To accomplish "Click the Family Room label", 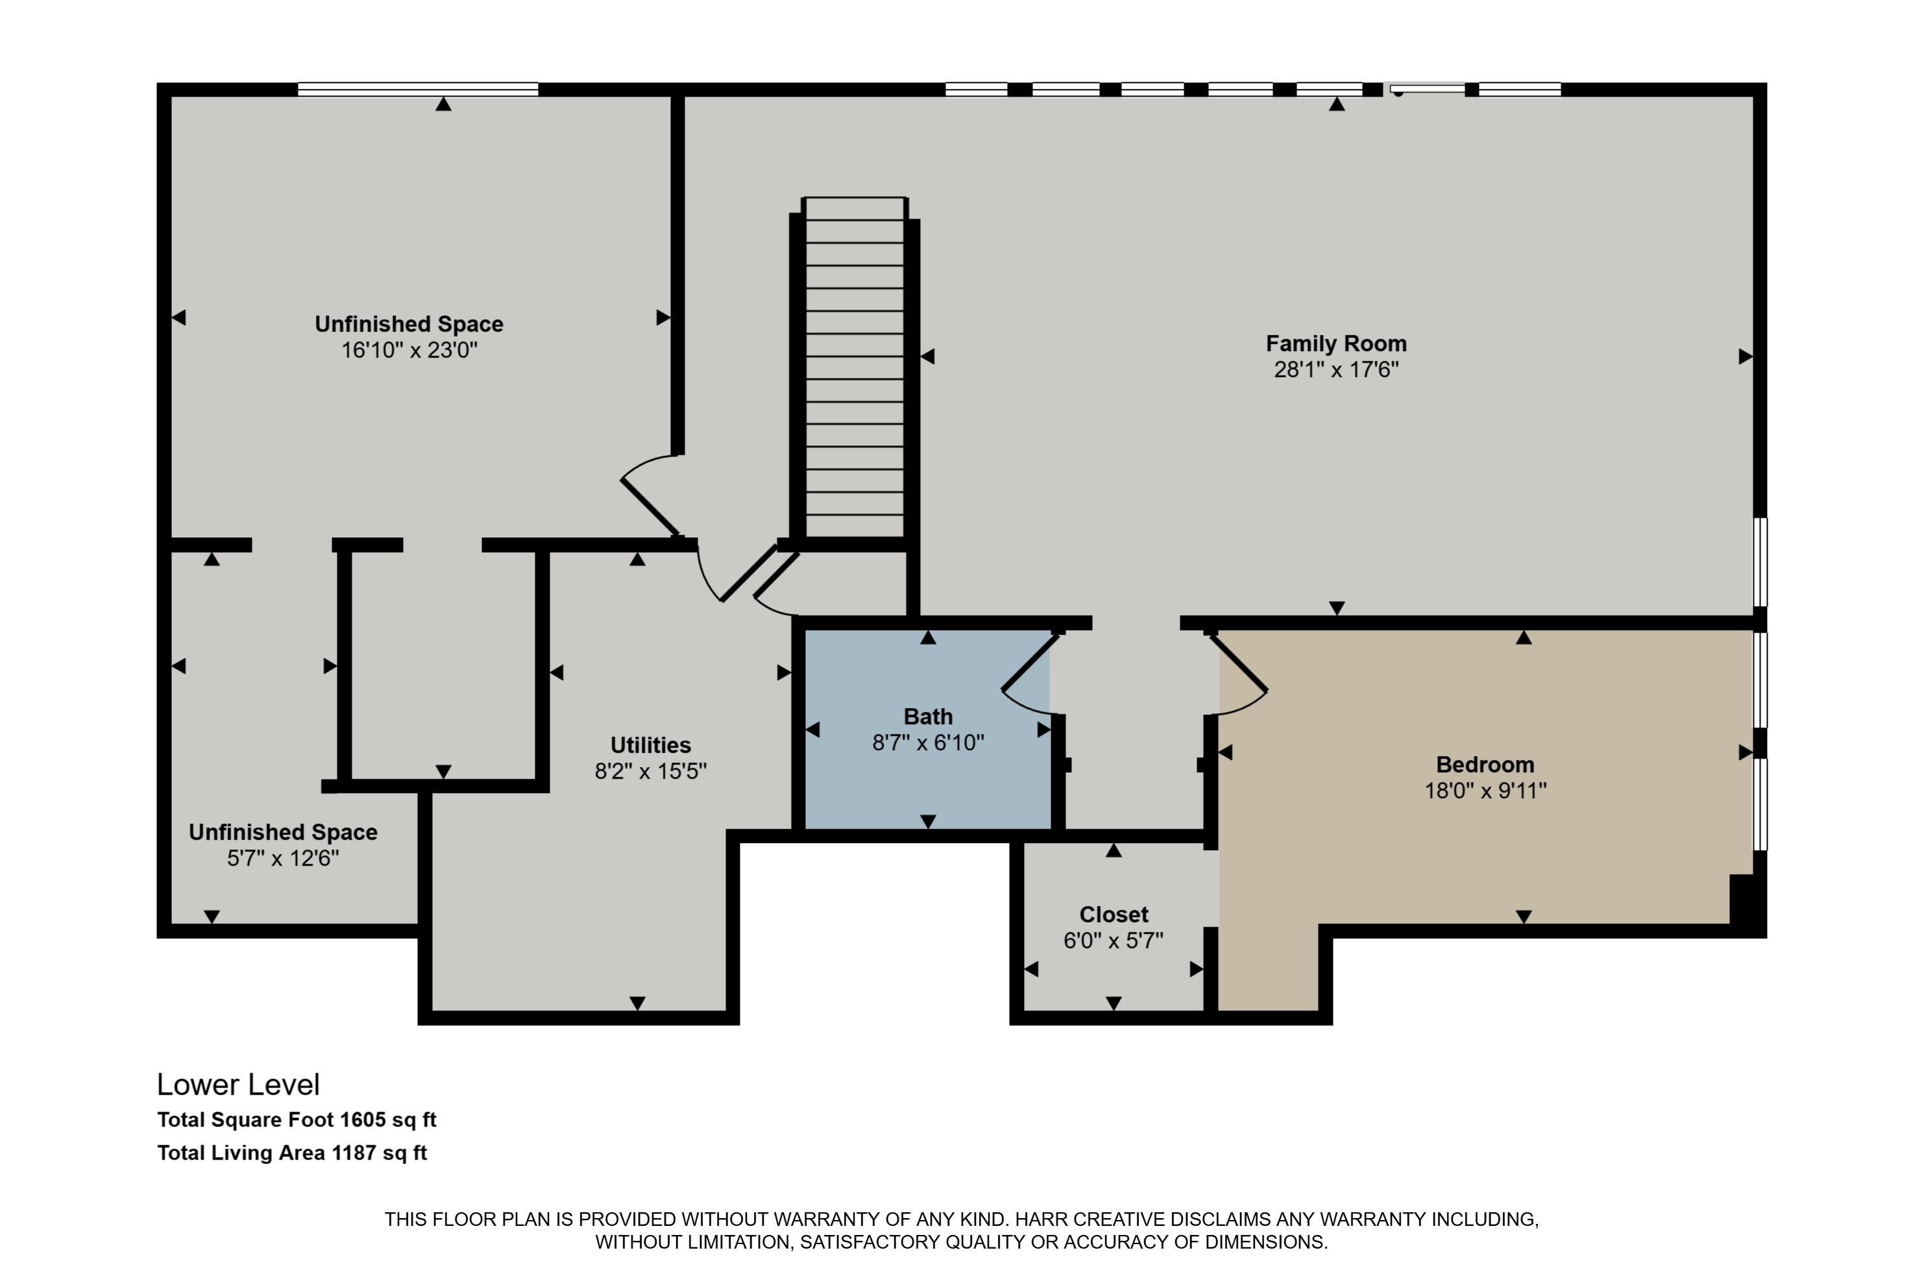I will coord(1336,344).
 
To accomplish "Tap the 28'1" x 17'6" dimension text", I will coord(1336,370).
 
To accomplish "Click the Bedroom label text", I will coord(1485,764).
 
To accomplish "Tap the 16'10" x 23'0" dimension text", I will coord(409,350).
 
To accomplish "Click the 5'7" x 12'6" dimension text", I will coord(283,859).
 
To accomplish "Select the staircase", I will coord(854,368).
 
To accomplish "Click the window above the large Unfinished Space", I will coord(417,89).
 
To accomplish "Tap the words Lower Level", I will coord(238,1085).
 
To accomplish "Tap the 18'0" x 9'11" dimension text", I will coord(1485,790).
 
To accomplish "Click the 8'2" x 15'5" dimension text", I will coord(650,771).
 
